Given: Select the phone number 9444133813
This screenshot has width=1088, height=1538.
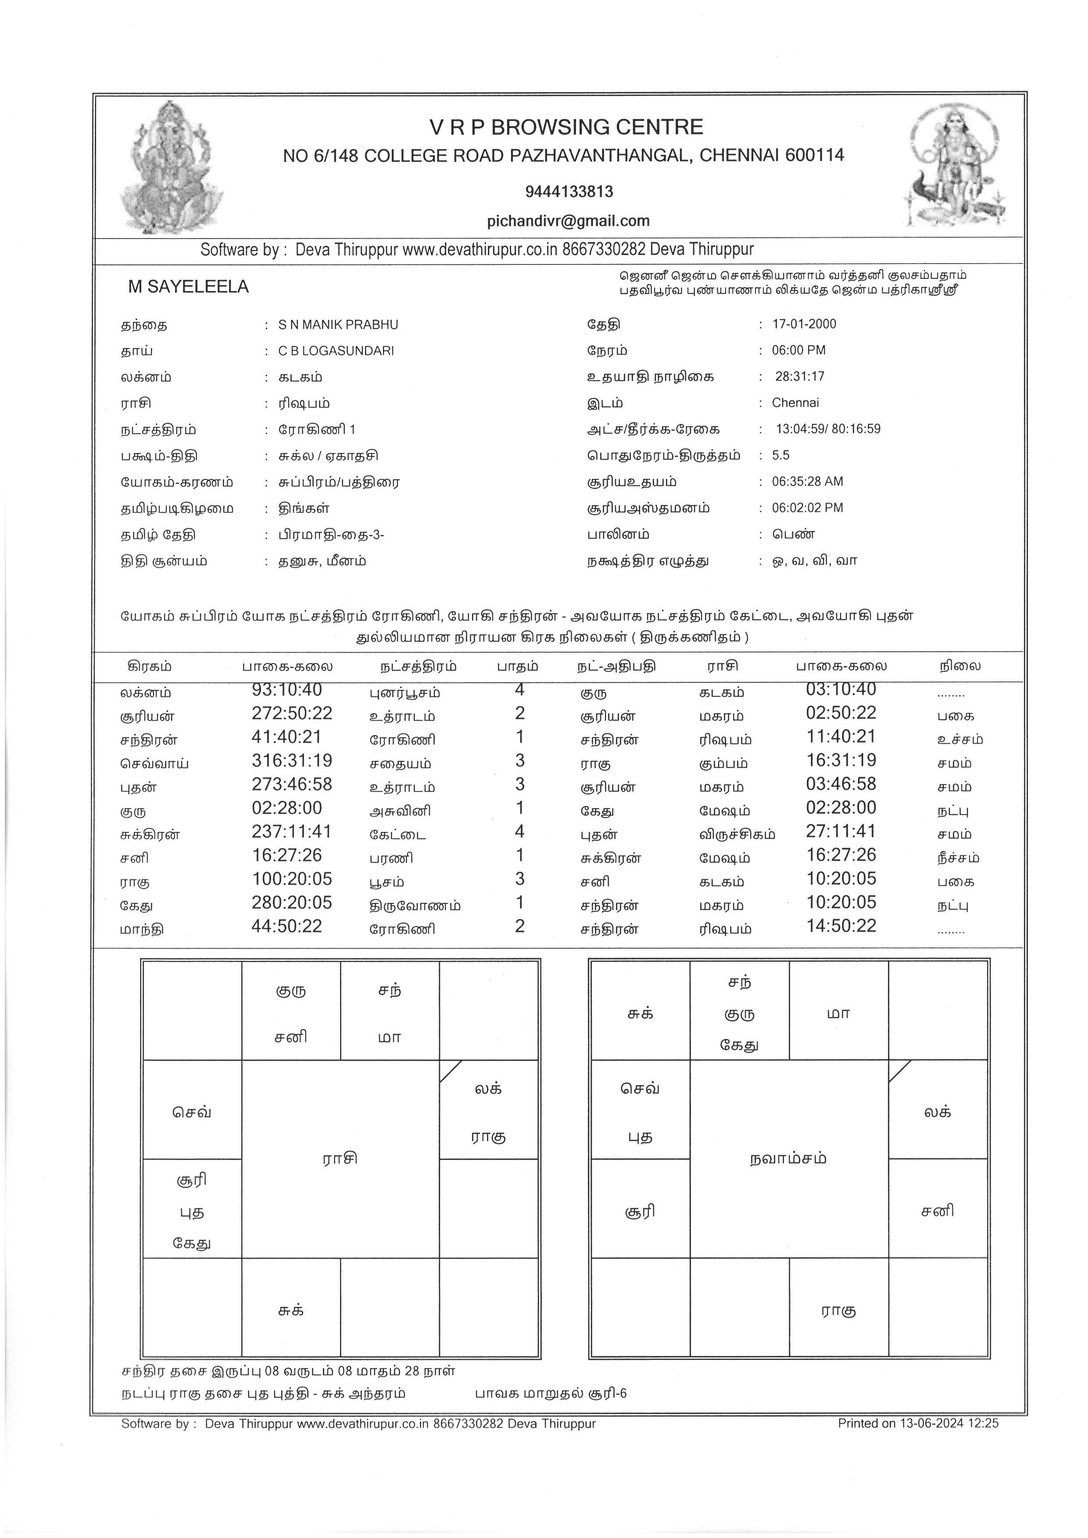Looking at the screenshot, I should click(569, 192).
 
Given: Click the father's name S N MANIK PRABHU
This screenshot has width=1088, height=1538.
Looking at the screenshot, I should click(338, 325).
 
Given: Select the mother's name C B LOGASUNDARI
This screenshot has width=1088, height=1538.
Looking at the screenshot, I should click(336, 351).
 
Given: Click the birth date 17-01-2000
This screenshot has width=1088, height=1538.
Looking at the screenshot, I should click(804, 324).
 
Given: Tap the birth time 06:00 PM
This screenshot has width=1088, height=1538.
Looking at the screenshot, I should click(798, 350).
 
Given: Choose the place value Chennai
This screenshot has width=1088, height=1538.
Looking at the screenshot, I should click(795, 403).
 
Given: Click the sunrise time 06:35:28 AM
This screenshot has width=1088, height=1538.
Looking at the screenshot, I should click(807, 482).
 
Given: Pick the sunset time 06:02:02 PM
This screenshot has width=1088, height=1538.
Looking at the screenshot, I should click(807, 508).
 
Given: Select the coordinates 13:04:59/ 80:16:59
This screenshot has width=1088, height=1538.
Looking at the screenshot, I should click(828, 429).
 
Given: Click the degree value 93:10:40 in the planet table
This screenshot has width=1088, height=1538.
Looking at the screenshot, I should click(287, 689).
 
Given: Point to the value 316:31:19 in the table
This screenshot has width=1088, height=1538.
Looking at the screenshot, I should click(292, 760).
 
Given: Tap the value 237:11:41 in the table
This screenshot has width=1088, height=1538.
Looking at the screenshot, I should click(292, 831).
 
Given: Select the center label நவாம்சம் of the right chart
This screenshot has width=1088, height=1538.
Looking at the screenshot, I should click(788, 1158).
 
